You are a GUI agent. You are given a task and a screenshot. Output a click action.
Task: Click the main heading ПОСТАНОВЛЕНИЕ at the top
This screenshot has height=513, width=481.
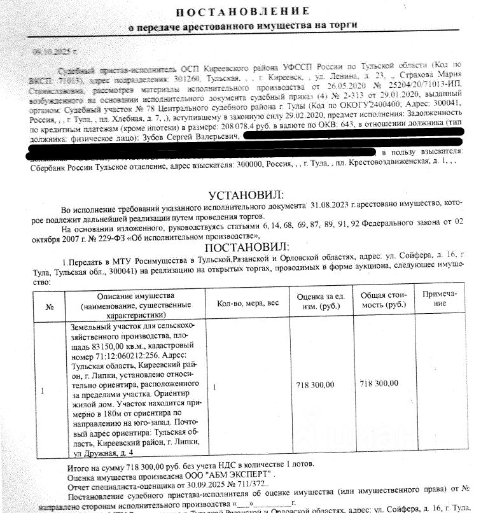point(242,11)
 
